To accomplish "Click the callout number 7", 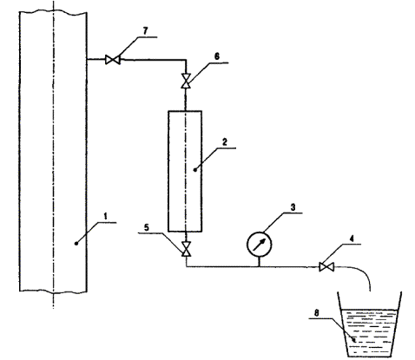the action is coord(145,31).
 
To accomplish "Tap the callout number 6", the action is coord(217,56).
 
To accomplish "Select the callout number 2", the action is coord(225,142).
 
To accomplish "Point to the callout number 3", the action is coord(293,207).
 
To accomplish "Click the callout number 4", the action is coord(352,239).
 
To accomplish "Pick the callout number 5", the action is coord(147,227).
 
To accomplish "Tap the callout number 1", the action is coord(106,216).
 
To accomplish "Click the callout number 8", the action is coord(317,312).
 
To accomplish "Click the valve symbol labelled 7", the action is coord(113,60).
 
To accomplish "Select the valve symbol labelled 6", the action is coord(186,81).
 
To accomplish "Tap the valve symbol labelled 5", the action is coord(186,249).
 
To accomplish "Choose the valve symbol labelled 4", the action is coord(326,266).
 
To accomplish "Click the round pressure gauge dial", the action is coord(259,245).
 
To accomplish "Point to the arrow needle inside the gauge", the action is coord(259,245).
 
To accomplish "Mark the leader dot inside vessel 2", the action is coord(195,170).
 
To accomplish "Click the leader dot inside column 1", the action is coord(76,244).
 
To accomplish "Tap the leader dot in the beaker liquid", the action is coord(353,340).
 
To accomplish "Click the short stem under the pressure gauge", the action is coord(259,261).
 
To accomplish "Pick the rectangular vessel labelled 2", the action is coord(185,171).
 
